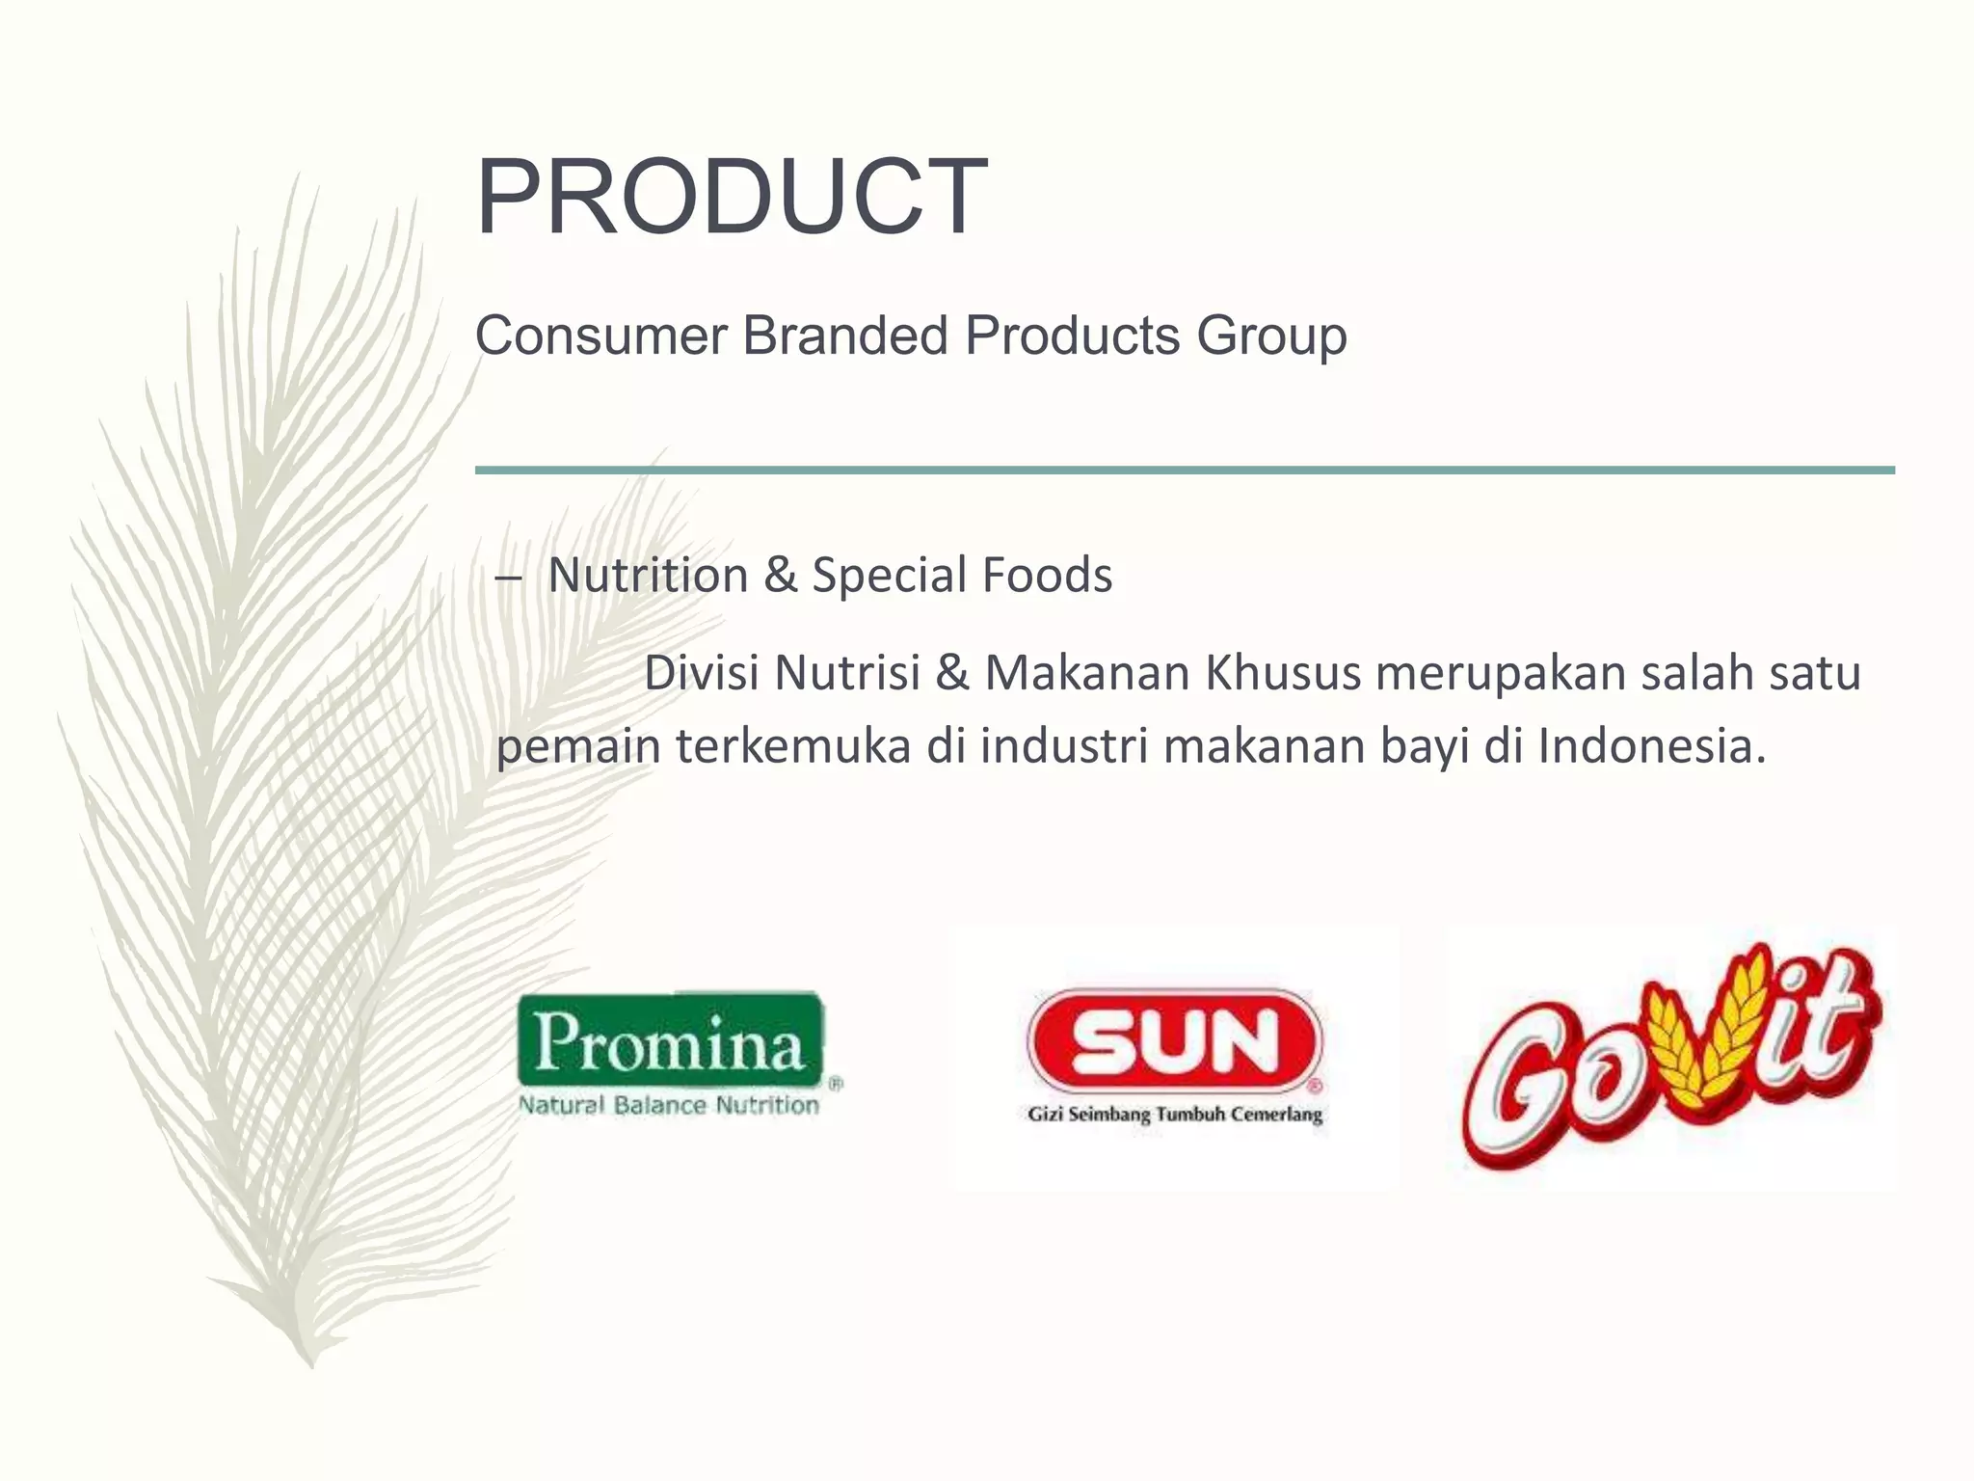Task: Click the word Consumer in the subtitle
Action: pyautogui.click(x=600, y=337)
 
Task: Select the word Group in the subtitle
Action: pyautogui.click(x=1271, y=337)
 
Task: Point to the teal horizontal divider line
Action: pyautogui.click(x=1185, y=471)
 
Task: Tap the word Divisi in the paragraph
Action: pyautogui.click(x=701, y=673)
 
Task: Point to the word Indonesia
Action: pyautogui.click(x=1650, y=746)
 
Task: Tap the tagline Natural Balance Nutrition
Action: pyautogui.click(x=669, y=1105)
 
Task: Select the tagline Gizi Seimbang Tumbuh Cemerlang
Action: pyautogui.click(x=1175, y=1115)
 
